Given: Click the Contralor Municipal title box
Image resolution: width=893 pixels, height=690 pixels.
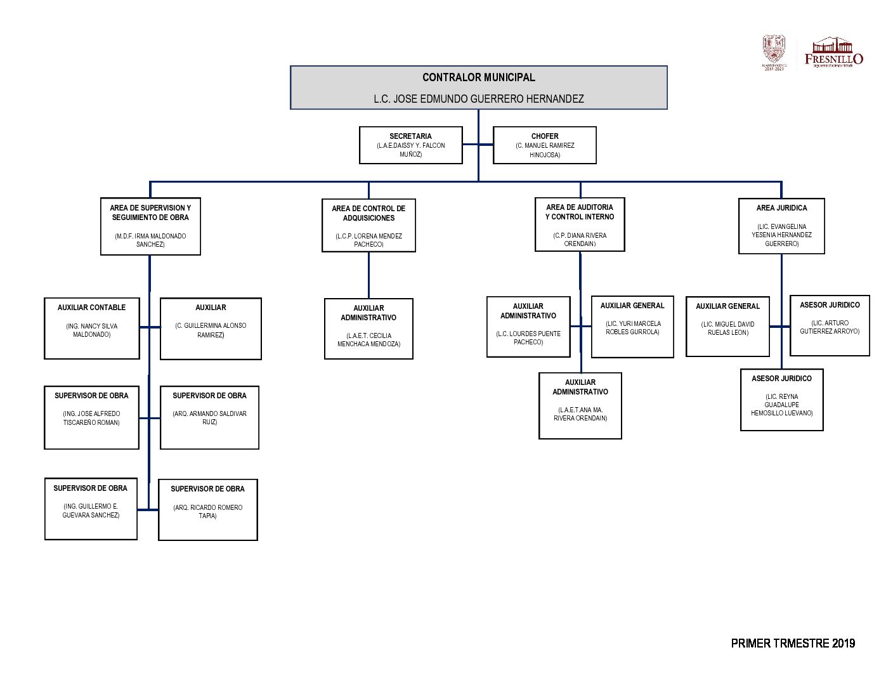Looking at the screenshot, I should [478, 78].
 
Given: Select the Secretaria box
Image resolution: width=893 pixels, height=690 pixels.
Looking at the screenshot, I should [410, 145].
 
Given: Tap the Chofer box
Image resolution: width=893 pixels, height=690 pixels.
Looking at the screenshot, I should [544, 145].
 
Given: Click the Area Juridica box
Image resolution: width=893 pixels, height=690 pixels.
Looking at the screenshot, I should [781, 226].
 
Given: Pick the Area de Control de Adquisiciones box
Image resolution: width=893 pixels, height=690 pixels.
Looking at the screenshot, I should [368, 225].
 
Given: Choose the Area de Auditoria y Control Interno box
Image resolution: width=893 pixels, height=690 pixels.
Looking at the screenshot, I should [580, 225].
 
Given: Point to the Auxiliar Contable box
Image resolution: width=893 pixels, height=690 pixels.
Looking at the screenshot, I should [92, 328].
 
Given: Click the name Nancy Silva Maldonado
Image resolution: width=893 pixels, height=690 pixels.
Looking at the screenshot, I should [92, 330].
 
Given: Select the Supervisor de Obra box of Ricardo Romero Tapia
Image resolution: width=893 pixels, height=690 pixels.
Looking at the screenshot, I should [207, 509].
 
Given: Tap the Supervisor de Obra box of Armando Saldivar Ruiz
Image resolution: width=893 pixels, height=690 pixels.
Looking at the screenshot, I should [209, 417].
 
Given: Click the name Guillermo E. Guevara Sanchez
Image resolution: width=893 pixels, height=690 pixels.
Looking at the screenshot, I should [91, 511].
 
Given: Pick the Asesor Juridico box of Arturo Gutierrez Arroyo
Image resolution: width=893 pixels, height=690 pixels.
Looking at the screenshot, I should [830, 325].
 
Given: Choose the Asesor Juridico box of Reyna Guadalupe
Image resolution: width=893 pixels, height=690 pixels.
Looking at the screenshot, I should [781, 400].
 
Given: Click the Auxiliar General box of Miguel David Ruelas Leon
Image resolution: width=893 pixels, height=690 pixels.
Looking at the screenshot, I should [727, 326].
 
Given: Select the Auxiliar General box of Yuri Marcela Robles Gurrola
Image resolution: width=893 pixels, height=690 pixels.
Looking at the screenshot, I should [632, 326].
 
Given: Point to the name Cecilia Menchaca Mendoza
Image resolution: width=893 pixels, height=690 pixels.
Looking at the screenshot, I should [368, 340].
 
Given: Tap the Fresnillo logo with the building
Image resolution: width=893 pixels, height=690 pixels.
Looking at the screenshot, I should [833, 52].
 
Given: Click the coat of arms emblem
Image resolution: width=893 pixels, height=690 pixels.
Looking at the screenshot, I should [774, 51].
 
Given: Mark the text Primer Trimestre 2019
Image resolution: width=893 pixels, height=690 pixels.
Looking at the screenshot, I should [793, 643].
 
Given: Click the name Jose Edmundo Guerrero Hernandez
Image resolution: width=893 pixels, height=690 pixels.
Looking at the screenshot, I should [478, 99].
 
